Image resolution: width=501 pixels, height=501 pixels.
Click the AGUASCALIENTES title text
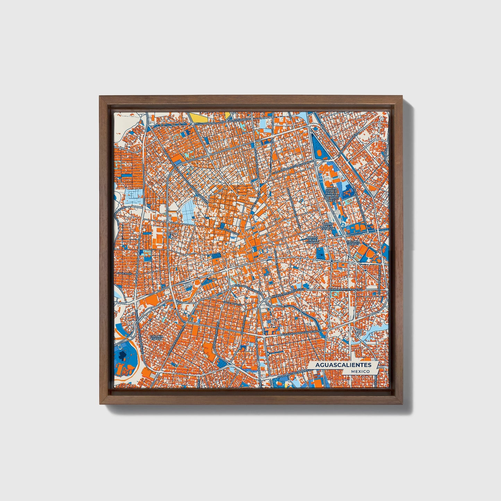pos(343,365)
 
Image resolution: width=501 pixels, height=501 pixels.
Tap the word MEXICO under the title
pos(360,371)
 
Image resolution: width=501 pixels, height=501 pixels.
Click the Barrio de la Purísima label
pos(313,240)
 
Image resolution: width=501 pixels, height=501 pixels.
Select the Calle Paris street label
pos(124,274)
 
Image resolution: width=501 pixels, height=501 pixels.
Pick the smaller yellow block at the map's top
pos(228,115)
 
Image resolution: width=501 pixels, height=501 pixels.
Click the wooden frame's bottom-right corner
pos(402,404)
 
